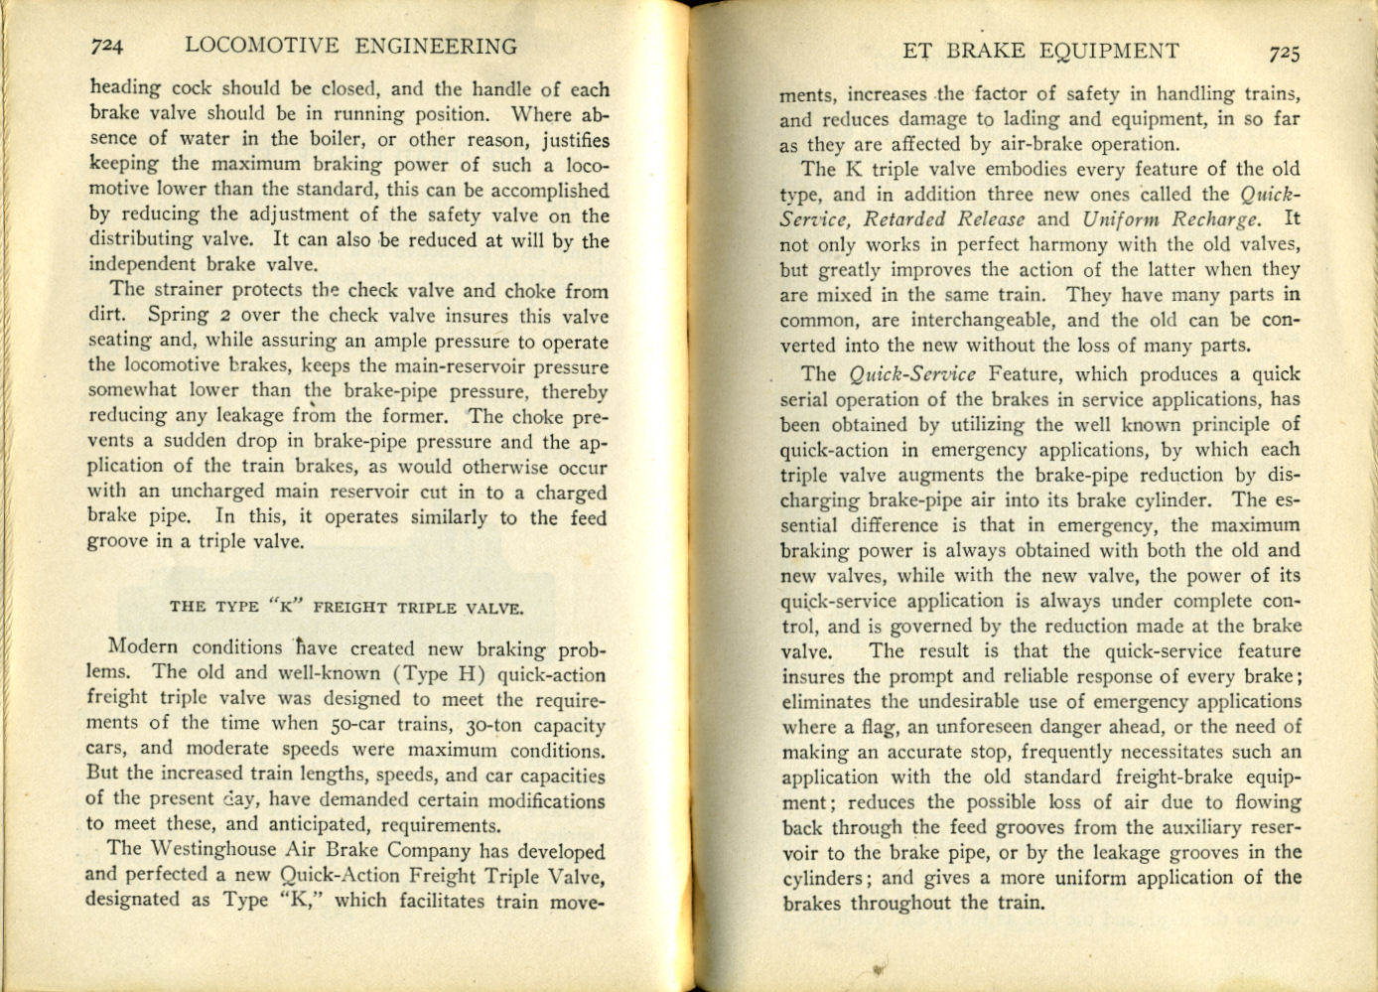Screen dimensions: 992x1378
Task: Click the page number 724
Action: [105, 46]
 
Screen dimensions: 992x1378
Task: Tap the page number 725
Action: [1283, 53]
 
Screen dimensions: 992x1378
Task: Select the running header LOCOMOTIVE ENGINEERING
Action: [350, 46]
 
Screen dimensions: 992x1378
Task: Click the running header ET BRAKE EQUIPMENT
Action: [1041, 52]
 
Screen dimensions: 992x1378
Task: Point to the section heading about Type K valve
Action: [346, 607]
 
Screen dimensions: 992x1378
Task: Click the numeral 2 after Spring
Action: [225, 316]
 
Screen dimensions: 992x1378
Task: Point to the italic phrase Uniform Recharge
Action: [1171, 219]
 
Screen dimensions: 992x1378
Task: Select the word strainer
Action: [187, 290]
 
